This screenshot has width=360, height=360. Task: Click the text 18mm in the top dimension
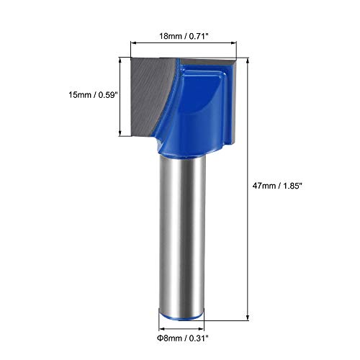(169, 34)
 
